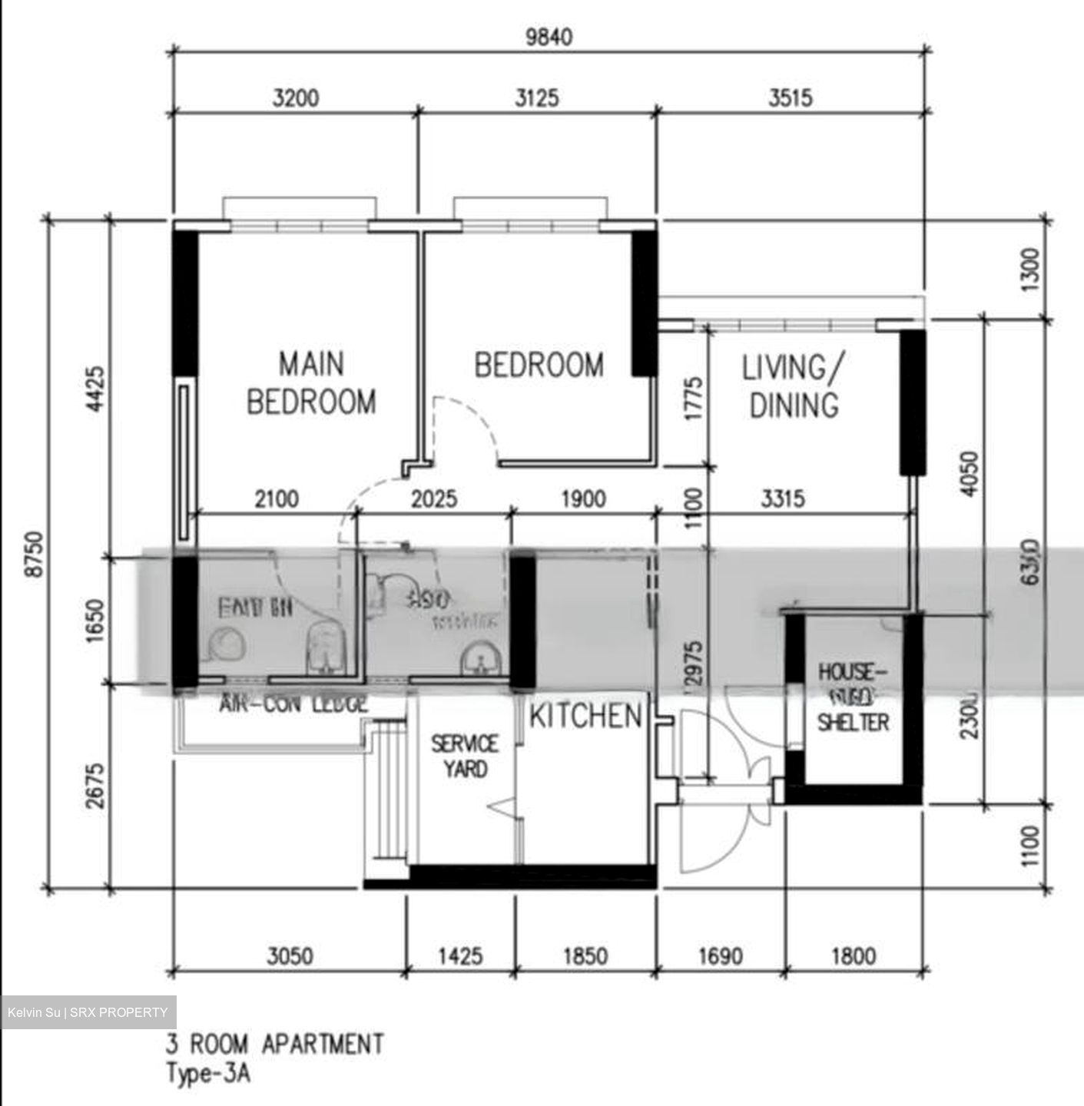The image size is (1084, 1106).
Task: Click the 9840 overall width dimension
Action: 549,36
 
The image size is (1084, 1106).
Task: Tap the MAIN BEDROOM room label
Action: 311,382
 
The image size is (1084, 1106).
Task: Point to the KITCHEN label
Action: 585,716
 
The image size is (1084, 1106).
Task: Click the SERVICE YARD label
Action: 464,756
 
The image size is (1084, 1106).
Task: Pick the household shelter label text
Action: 853,697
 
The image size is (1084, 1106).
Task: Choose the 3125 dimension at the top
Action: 536,98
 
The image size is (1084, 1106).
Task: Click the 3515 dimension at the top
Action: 791,98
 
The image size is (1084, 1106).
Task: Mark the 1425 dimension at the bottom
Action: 460,956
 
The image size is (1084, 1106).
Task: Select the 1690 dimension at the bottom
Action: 720,956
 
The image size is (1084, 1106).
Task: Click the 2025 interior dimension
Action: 433,499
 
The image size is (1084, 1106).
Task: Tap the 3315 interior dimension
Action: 783,499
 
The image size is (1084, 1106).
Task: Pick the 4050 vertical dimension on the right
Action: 970,474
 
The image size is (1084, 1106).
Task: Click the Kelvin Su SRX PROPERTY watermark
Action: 88,1012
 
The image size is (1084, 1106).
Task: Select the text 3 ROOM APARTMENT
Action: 275,1045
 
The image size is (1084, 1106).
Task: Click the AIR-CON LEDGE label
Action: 293,704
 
